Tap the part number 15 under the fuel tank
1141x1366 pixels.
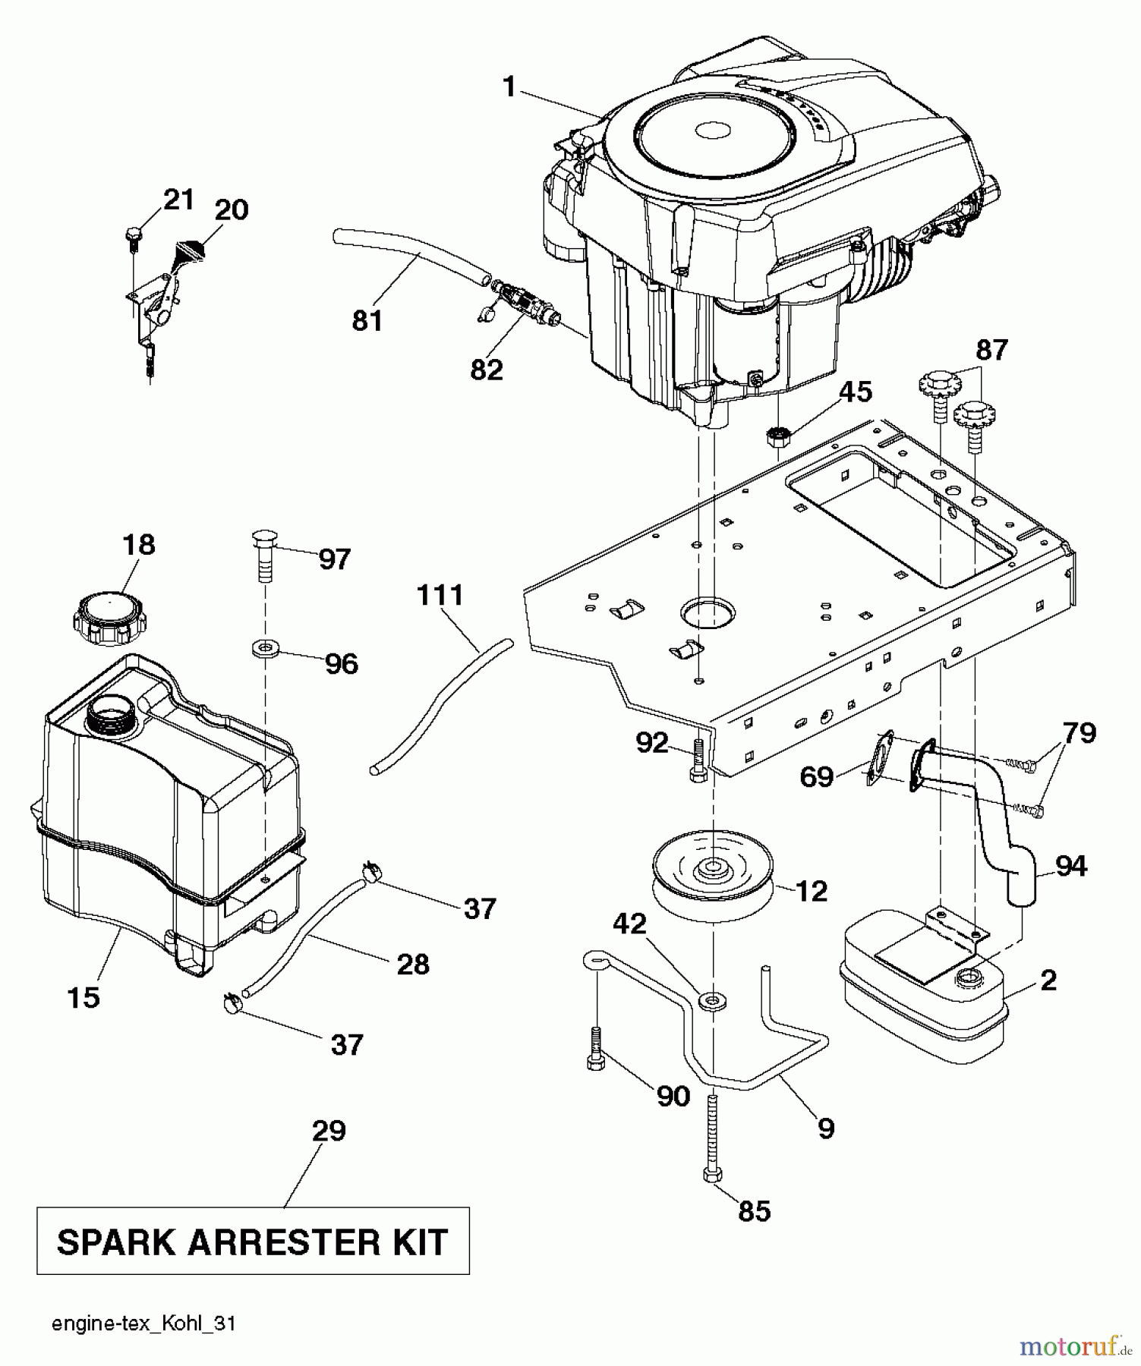click(x=83, y=996)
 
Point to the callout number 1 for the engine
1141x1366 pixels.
click(x=509, y=87)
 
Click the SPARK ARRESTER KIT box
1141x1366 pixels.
click(x=253, y=1242)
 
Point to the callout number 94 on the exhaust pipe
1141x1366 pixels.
click(x=1070, y=865)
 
